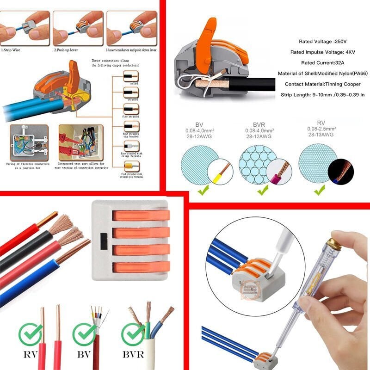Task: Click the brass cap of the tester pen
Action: [x=333, y=243]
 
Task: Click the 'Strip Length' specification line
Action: [x=322, y=94]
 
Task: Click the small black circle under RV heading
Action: [x=340, y=172]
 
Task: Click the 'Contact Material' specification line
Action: [x=322, y=84]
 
